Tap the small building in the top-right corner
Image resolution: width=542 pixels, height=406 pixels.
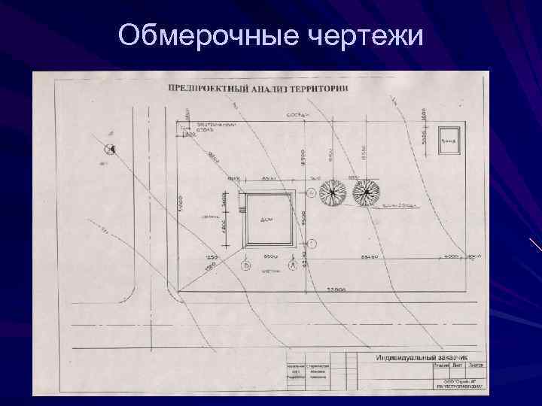449,138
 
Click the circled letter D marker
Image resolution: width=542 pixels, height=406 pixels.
245,265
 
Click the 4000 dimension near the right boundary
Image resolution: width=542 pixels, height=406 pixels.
452,256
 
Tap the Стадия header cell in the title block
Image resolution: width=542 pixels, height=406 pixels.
442,365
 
